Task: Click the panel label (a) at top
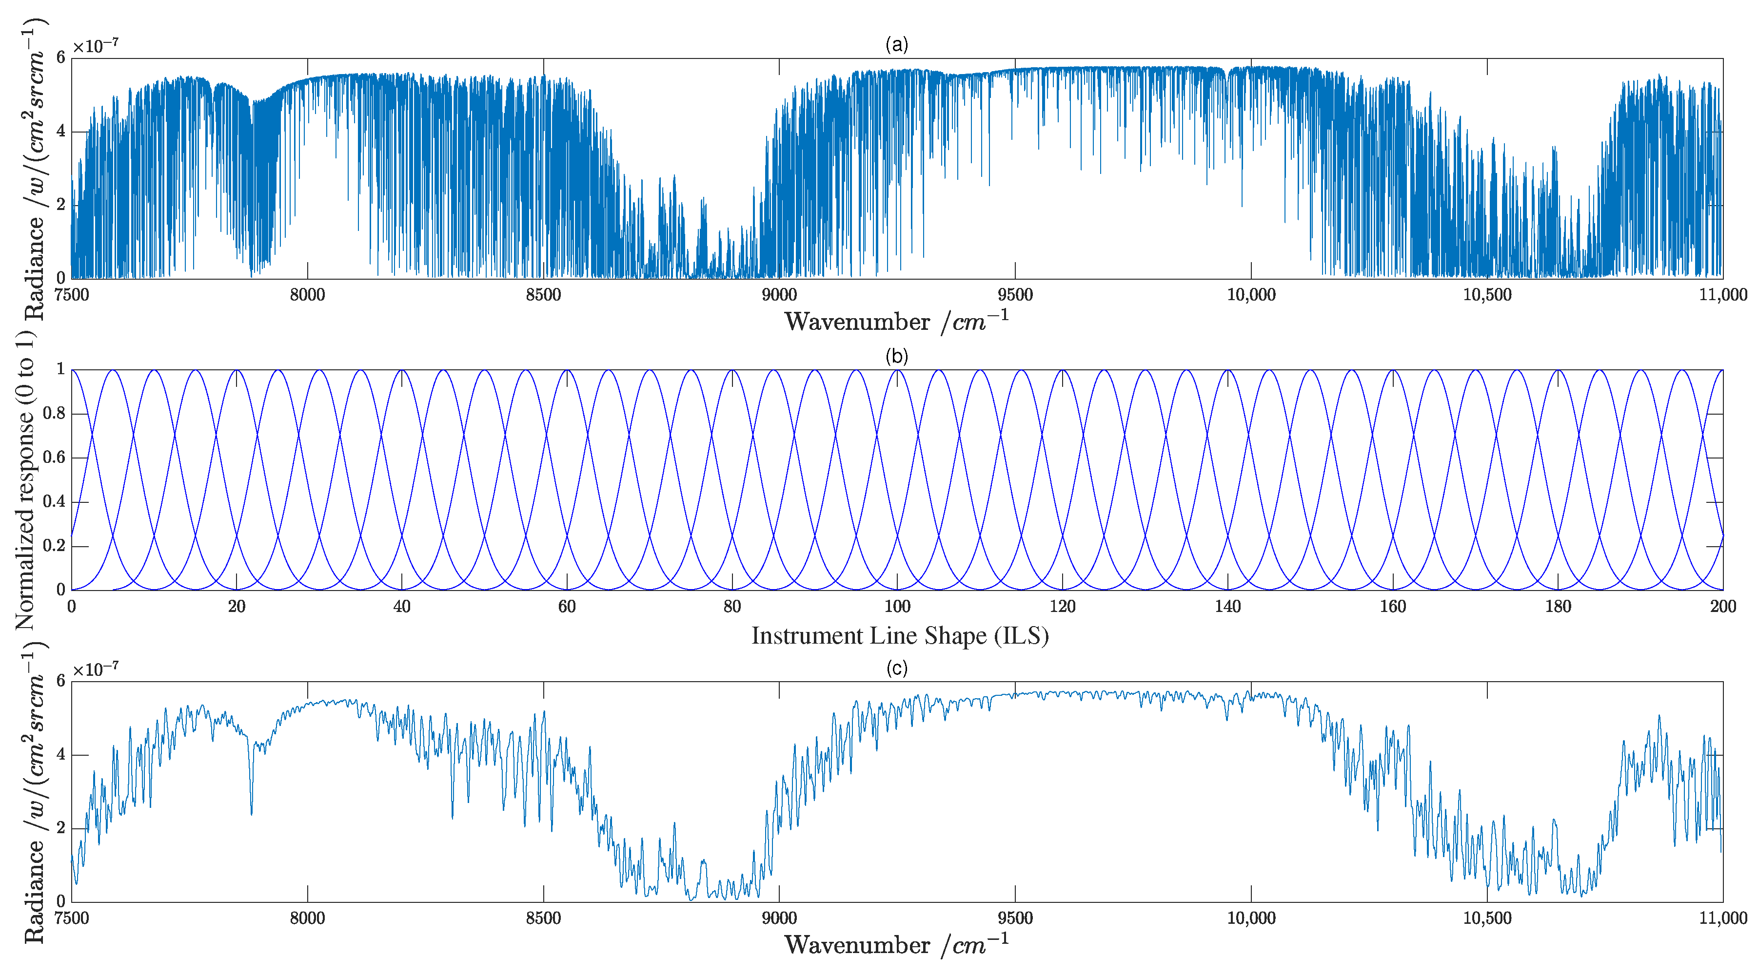[896, 45]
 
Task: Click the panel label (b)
[896, 356]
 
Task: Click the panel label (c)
[896, 668]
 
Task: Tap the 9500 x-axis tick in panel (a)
[1015, 295]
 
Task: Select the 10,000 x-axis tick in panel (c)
[1251, 918]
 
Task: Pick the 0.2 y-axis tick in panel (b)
[55, 546]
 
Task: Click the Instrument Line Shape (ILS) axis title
[899, 636]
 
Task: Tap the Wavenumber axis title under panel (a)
[896, 321]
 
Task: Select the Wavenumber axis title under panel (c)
[896, 945]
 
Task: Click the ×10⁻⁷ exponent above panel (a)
[96, 46]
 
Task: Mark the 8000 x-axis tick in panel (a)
[307, 295]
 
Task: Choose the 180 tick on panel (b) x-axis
[1558, 606]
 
